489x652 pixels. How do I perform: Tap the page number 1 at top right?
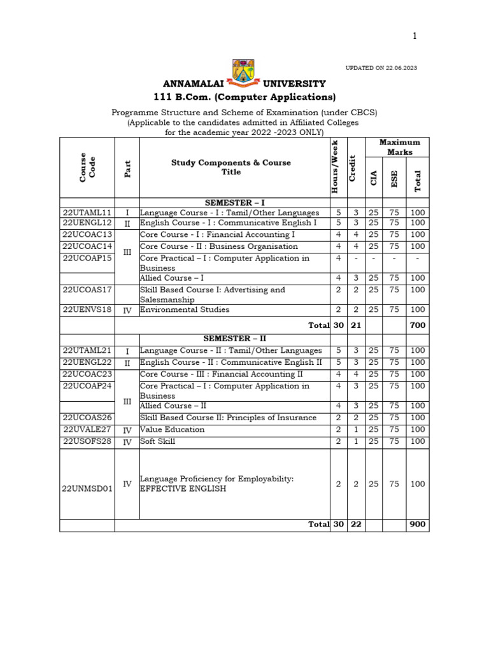click(x=415, y=36)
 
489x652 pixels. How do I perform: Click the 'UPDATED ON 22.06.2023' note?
click(x=381, y=68)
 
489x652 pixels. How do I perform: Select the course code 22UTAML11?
click(x=87, y=213)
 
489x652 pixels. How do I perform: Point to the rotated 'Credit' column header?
click(x=352, y=167)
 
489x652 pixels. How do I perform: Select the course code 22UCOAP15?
click(x=87, y=258)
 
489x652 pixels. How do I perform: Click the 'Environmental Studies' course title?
click(x=185, y=310)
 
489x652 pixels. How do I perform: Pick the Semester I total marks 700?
click(x=418, y=325)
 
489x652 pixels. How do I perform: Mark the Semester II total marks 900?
click(x=418, y=525)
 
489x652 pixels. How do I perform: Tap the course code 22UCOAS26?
click(x=87, y=418)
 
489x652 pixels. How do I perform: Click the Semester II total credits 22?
click(x=356, y=525)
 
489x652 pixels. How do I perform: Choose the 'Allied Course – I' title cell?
click(x=172, y=278)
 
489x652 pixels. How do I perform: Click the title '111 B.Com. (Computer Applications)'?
click(x=244, y=97)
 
